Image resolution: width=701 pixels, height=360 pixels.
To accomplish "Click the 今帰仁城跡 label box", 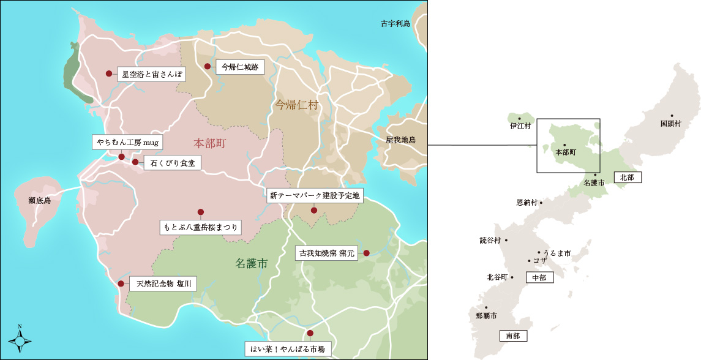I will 240,67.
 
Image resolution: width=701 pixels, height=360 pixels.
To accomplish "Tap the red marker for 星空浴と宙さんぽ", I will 109,73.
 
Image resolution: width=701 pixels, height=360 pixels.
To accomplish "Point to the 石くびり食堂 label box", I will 172,163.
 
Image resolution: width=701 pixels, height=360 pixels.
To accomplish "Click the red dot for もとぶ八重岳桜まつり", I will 200,212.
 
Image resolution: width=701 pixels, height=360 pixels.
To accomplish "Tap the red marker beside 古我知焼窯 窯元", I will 366,253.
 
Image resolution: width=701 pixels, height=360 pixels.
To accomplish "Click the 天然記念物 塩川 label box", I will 163,284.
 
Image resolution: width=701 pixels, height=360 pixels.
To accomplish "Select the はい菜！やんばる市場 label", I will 288,349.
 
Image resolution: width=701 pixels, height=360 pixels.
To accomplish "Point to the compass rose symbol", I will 20,339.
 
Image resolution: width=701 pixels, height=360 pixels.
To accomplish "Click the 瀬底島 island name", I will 39,200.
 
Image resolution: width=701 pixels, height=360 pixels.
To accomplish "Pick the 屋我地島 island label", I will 400,140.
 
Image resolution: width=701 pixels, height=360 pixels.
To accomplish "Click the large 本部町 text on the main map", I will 210,143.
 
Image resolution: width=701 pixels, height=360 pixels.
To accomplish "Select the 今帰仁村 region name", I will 296,105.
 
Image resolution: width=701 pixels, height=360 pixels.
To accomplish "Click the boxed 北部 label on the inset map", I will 626,177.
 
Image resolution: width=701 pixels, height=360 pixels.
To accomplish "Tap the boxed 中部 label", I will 539,277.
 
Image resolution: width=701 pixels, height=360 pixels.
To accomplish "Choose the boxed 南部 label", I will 513,336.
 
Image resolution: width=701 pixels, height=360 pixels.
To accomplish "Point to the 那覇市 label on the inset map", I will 486,316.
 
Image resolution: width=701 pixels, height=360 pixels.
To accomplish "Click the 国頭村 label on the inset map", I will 670,123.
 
